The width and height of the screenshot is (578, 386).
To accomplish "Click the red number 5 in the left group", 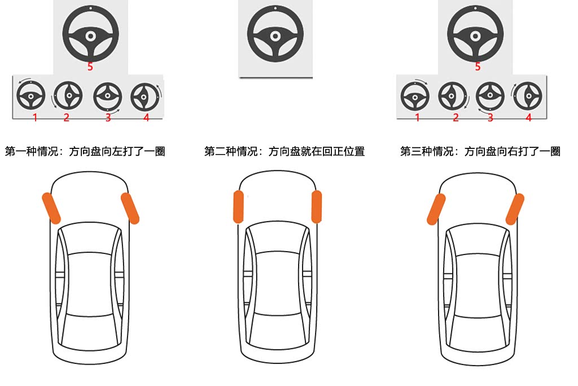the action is (x=90, y=67).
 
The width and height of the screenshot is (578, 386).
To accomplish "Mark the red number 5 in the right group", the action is (x=478, y=67).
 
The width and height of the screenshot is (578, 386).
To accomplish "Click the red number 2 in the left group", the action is (x=67, y=117).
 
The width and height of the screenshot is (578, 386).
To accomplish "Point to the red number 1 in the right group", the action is (x=417, y=117).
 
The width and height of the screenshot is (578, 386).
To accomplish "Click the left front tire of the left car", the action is (x=51, y=208).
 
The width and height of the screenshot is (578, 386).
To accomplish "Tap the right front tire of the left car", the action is (x=130, y=208).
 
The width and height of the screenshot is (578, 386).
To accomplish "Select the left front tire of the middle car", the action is (x=239, y=207).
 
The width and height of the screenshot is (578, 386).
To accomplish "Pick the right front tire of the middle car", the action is (x=316, y=207).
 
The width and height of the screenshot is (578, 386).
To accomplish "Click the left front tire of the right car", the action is (x=436, y=209).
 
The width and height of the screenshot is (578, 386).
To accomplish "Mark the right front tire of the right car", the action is (x=515, y=209).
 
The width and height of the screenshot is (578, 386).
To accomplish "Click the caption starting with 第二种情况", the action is (x=284, y=151).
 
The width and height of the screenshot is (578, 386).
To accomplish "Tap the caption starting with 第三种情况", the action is (x=480, y=151).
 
